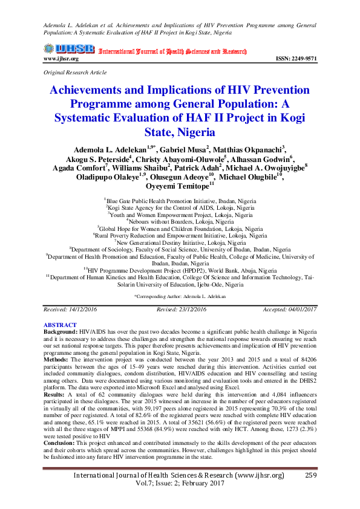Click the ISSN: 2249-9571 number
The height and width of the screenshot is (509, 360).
296,59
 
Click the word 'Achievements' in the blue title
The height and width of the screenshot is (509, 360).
89,90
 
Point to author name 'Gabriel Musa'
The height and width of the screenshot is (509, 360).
186,148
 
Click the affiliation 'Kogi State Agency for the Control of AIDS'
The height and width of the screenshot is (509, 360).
181,207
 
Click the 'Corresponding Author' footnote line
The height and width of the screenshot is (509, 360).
180,297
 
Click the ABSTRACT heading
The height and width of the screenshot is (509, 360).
60,325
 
